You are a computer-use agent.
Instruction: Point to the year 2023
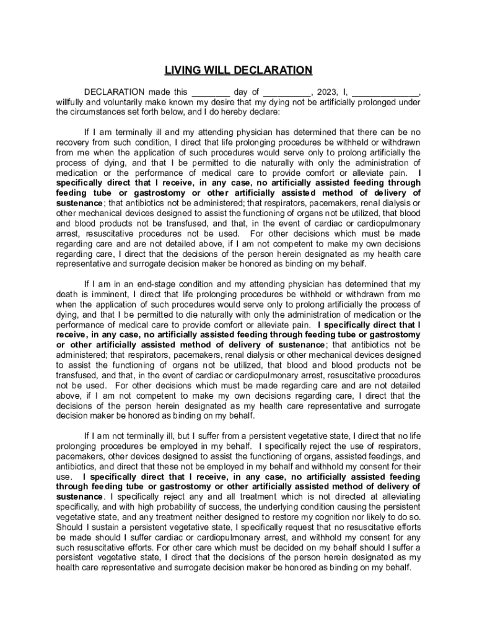tap(326, 92)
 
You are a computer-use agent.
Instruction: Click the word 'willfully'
tap(69, 102)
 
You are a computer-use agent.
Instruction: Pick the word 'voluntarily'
tap(125, 102)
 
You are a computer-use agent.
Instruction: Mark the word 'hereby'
tap(246, 112)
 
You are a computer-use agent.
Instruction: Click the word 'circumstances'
tap(100, 112)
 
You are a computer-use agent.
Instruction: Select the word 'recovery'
tap(72, 142)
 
